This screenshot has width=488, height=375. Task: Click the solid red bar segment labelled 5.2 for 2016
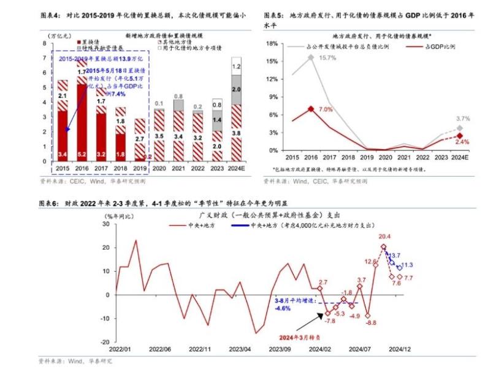click(82, 122)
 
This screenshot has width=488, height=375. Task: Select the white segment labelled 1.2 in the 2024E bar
click(236, 65)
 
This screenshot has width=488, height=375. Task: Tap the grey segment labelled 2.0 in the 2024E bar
click(236, 89)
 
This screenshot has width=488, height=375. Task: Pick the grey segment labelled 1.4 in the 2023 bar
click(217, 120)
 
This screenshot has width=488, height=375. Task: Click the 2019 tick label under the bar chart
click(140, 168)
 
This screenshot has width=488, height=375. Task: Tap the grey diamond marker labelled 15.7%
click(311, 57)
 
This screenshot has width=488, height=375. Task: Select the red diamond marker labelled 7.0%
click(311, 109)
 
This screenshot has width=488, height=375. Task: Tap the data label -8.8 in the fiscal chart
click(371, 323)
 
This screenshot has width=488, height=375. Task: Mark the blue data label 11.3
click(406, 265)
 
